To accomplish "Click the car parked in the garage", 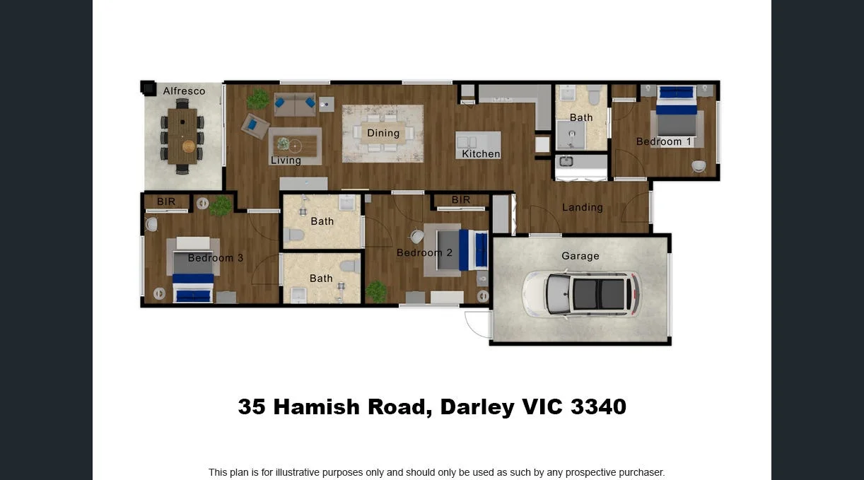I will [581, 293].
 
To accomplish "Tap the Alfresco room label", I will [184, 90].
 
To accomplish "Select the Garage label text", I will [580, 256].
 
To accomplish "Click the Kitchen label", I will [481, 153].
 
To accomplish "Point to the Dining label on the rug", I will [383, 133].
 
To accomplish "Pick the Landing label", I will [583, 207].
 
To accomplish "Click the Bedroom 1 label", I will [664, 141].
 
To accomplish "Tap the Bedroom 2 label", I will [424, 252].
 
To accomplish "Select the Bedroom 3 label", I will [216, 258].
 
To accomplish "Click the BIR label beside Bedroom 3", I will [166, 201].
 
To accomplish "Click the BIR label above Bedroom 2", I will [461, 200].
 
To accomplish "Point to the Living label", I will [286, 160].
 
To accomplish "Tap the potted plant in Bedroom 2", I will [376, 291].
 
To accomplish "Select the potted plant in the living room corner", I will [258, 99].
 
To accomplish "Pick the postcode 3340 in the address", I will [598, 406].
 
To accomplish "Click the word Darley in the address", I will [477, 406].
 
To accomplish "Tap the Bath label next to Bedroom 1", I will [581, 117].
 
